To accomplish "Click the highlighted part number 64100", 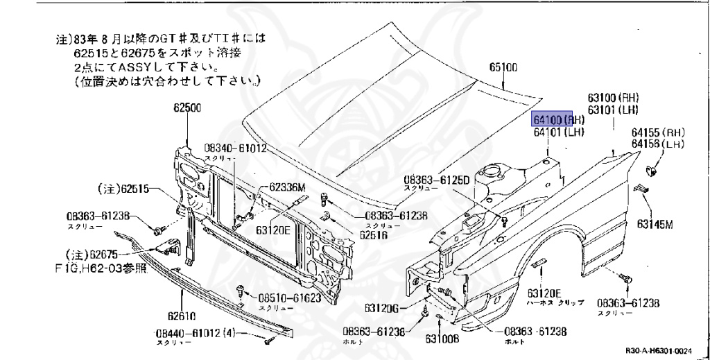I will pyautogui.click(x=551, y=119).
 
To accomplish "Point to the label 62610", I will pyautogui.click(x=182, y=313).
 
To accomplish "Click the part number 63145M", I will pyautogui.click(x=656, y=224).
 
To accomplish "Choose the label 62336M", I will pyautogui.click(x=287, y=185).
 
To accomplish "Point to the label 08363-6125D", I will pyautogui.click(x=437, y=180).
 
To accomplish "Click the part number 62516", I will pyautogui.click(x=373, y=234).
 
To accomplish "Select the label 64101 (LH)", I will pyautogui.click(x=559, y=132).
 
